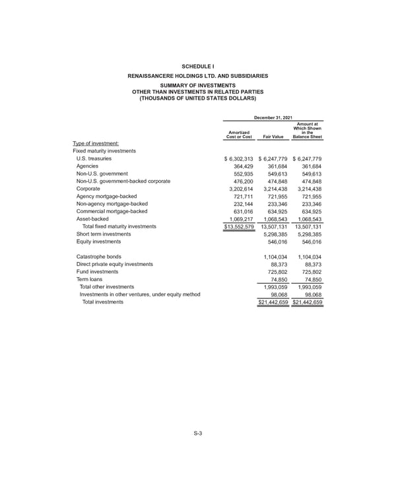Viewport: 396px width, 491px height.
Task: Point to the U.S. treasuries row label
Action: (x=94, y=159)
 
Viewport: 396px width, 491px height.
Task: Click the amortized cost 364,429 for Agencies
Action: (x=240, y=170)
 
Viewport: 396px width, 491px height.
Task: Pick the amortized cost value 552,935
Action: (x=240, y=181)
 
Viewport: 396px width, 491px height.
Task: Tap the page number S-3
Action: (x=197, y=433)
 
